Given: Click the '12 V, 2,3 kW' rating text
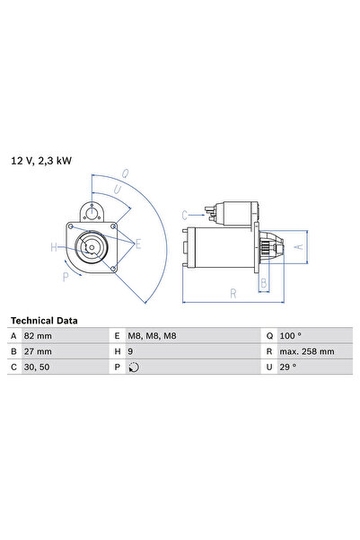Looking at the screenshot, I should [41, 161].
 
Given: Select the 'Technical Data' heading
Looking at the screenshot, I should [44, 320].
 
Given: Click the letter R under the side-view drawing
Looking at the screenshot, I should [233, 292].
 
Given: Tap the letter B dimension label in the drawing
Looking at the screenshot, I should [263, 283].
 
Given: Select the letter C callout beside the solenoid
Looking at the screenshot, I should [184, 215].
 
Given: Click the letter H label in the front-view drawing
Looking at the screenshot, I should [54, 247].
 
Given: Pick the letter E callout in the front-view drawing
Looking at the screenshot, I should [137, 243].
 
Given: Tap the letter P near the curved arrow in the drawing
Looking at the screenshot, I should [66, 278].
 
